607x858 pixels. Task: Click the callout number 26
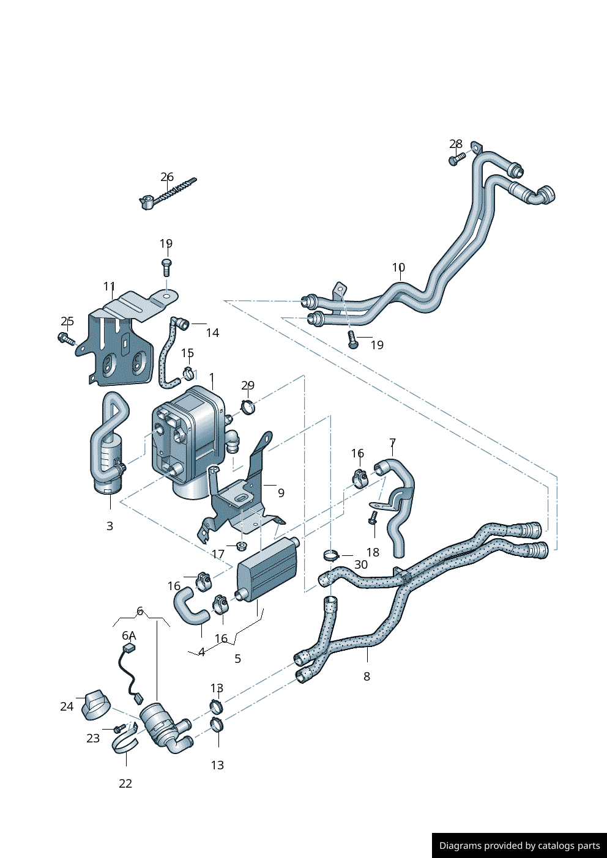pos(167,177)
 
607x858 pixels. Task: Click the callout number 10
pos(398,268)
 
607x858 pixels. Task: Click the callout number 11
pos(110,286)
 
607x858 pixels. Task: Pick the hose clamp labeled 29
pos(248,405)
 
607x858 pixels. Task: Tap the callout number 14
pos(212,333)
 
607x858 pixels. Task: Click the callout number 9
pos(281,493)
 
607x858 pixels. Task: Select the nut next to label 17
pos(241,545)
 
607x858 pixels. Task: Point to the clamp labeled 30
pos(331,556)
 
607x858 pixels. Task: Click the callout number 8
pos(367,676)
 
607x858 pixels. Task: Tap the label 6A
pos(129,636)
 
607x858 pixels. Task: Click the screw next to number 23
pos(120,728)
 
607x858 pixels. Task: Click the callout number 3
pos(110,526)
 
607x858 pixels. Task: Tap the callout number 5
pos(238,659)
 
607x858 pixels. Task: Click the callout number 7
pos(393,443)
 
